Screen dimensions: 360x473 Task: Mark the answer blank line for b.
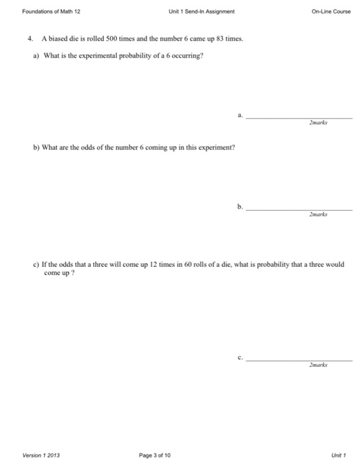point(299,209)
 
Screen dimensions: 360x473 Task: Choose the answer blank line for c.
point(299,359)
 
